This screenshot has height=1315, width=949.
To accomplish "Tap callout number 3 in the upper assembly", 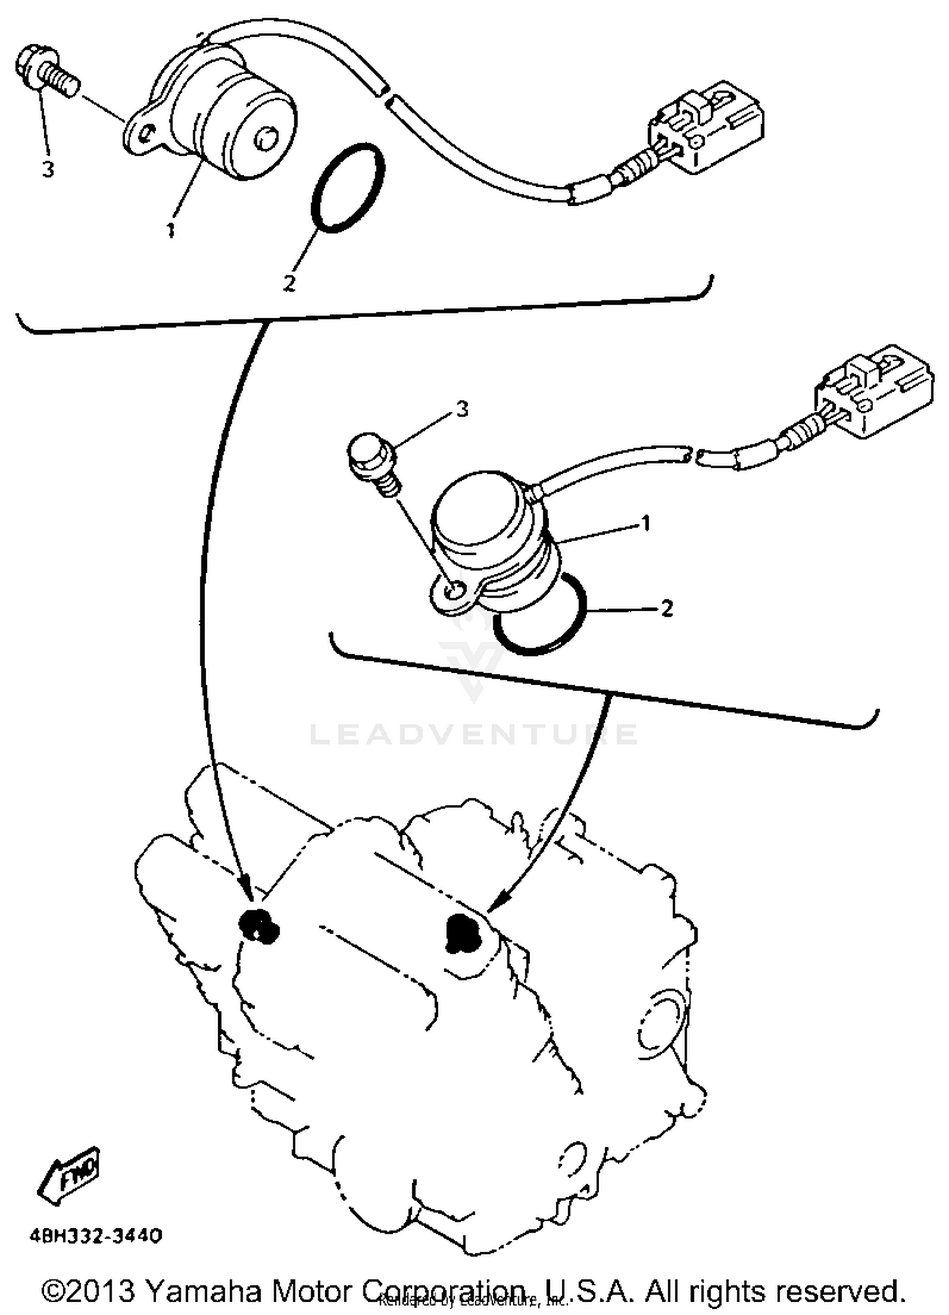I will tap(48, 169).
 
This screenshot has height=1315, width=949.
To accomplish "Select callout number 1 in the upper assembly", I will tap(170, 230).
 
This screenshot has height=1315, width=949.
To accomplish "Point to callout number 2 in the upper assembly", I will tap(289, 283).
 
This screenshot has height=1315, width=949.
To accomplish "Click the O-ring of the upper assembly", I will tap(347, 188).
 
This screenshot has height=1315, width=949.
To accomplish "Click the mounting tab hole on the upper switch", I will tap(147, 134).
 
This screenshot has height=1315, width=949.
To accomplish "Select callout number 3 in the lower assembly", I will tap(462, 409).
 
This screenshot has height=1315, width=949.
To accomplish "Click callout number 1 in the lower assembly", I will tap(646, 523).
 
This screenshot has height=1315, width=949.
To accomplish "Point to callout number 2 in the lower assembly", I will tap(666, 609).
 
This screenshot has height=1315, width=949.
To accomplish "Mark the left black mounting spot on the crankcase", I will tap(257, 925).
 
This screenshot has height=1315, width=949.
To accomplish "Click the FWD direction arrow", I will tap(69, 1175).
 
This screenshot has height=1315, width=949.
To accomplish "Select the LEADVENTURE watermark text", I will tap(473, 734).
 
